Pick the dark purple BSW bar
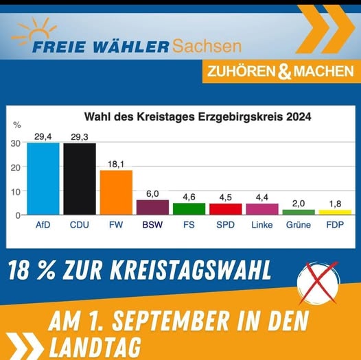(152, 207)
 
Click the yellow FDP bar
(335, 212)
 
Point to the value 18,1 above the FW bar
(116, 163)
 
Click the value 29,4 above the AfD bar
(43, 136)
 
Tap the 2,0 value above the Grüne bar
(299, 203)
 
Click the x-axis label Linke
(261, 225)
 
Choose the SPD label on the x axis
(225, 225)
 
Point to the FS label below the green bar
(189, 225)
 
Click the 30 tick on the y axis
(15, 143)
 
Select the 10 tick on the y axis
(15, 191)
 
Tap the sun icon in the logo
(34, 31)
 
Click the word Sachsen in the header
(207, 47)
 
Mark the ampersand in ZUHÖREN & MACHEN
(283, 71)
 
